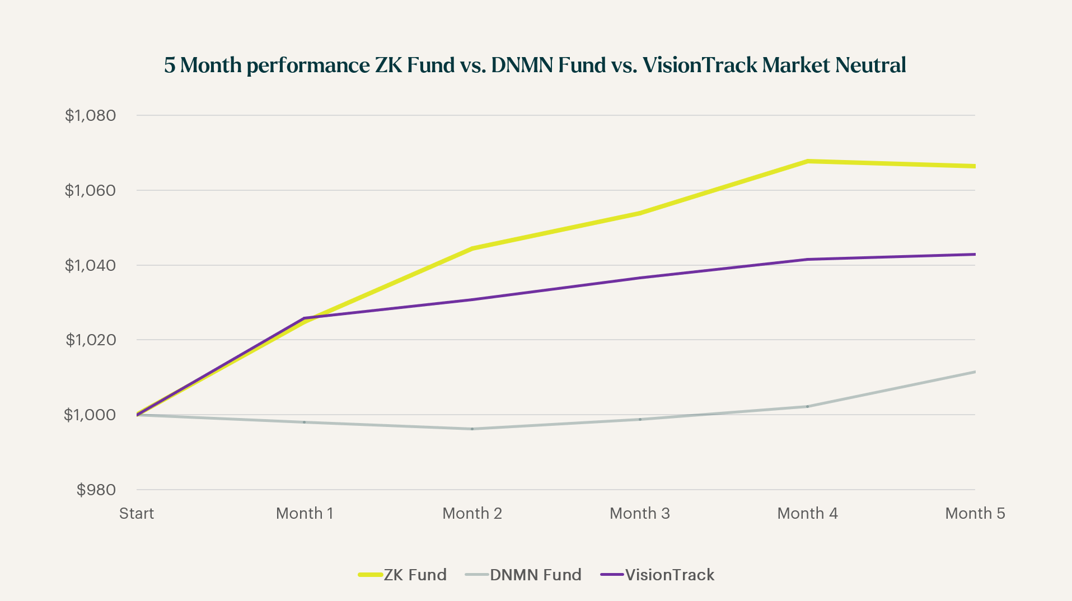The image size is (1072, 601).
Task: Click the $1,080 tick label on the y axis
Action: tap(90, 116)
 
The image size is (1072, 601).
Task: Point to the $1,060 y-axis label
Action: tap(90, 191)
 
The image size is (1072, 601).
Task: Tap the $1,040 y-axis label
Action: tap(90, 265)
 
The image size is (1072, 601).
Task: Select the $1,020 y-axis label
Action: tap(91, 340)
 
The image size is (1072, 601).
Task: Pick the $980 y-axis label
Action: tap(96, 490)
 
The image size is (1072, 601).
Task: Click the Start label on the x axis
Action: tap(137, 514)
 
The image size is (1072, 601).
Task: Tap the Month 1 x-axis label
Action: tap(305, 514)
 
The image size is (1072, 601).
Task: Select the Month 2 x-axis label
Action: tap(472, 514)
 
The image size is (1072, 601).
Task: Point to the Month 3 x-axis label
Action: tap(639, 514)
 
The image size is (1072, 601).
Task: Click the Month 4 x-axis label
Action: tap(807, 514)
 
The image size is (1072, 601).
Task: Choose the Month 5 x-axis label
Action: tap(975, 514)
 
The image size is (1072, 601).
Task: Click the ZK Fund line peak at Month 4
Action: tap(808, 161)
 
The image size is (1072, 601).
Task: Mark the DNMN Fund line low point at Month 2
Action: tap(472, 429)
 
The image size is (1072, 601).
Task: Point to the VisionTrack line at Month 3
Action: tap(640, 278)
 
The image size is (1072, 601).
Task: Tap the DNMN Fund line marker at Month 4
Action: tap(807, 406)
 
